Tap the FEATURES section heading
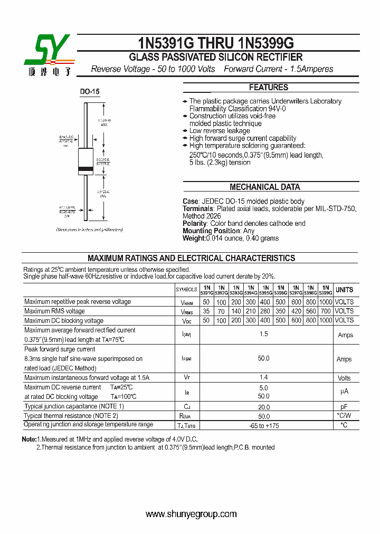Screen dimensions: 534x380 pyautogui.click(x=269, y=88)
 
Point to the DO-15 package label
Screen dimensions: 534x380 pyautogui.click(x=90, y=92)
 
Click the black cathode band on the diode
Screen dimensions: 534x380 pyautogui.click(x=85, y=170)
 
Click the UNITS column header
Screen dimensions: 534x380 pyautogui.click(x=344, y=290)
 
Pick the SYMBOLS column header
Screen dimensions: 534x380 pyautogui.click(x=186, y=290)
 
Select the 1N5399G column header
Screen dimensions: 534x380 pyautogui.click(x=326, y=290)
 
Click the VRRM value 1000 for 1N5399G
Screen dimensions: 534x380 pyautogui.click(x=326, y=302)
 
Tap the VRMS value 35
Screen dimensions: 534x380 pyautogui.click(x=206, y=311)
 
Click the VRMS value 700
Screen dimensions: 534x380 pyautogui.click(x=326, y=311)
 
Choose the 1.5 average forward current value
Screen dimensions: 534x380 pyautogui.click(x=264, y=335)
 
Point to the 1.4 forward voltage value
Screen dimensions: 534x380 pyautogui.click(x=264, y=377)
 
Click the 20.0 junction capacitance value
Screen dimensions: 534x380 pyautogui.click(x=264, y=407)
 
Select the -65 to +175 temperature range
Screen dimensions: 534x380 pyautogui.click(x=264, y=425)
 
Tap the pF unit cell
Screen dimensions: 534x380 pyautogui.click(x=344, y=407)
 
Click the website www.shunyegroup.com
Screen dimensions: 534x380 pyautogui.click(x=191, y=514)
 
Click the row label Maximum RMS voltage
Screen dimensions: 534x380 pyautogui.click(x=54, y=311)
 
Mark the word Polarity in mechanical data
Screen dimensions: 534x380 pyautogui.click(x=195, y=224)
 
